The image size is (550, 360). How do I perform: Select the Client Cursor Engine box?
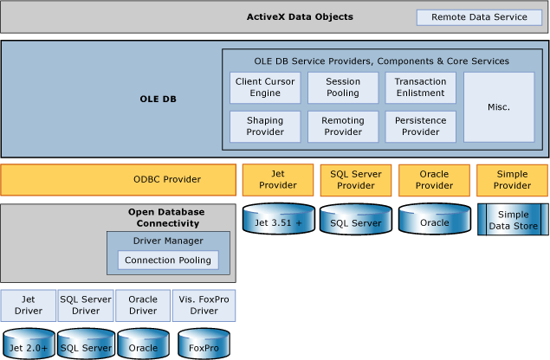pos(266,87)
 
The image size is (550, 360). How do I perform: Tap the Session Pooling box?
pos(343,87)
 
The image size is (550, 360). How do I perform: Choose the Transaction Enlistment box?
pos(420,87)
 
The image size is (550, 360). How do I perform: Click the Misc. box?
pos(498,107)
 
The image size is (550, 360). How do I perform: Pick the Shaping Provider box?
pos(266,126)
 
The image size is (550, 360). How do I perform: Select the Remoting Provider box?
pos(343,126)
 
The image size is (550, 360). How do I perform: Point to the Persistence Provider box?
pos(420,126)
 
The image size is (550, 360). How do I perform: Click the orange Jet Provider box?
pos(278,180)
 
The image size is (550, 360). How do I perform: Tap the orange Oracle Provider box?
pos(434,180)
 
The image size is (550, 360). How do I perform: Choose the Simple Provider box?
pos(512,180)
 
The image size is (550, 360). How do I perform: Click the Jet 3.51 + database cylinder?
pos(278,221)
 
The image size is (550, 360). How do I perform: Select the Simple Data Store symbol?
pos(513,220)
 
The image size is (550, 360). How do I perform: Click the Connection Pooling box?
pos(168,260)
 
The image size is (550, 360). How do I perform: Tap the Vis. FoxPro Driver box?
pos(204,305)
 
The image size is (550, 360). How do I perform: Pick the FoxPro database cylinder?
pos(204,344)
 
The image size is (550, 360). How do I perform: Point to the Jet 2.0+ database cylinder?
pos(29,344)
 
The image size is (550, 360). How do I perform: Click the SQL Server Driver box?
pos(86,305)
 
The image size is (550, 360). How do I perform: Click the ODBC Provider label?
pos(166,180)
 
